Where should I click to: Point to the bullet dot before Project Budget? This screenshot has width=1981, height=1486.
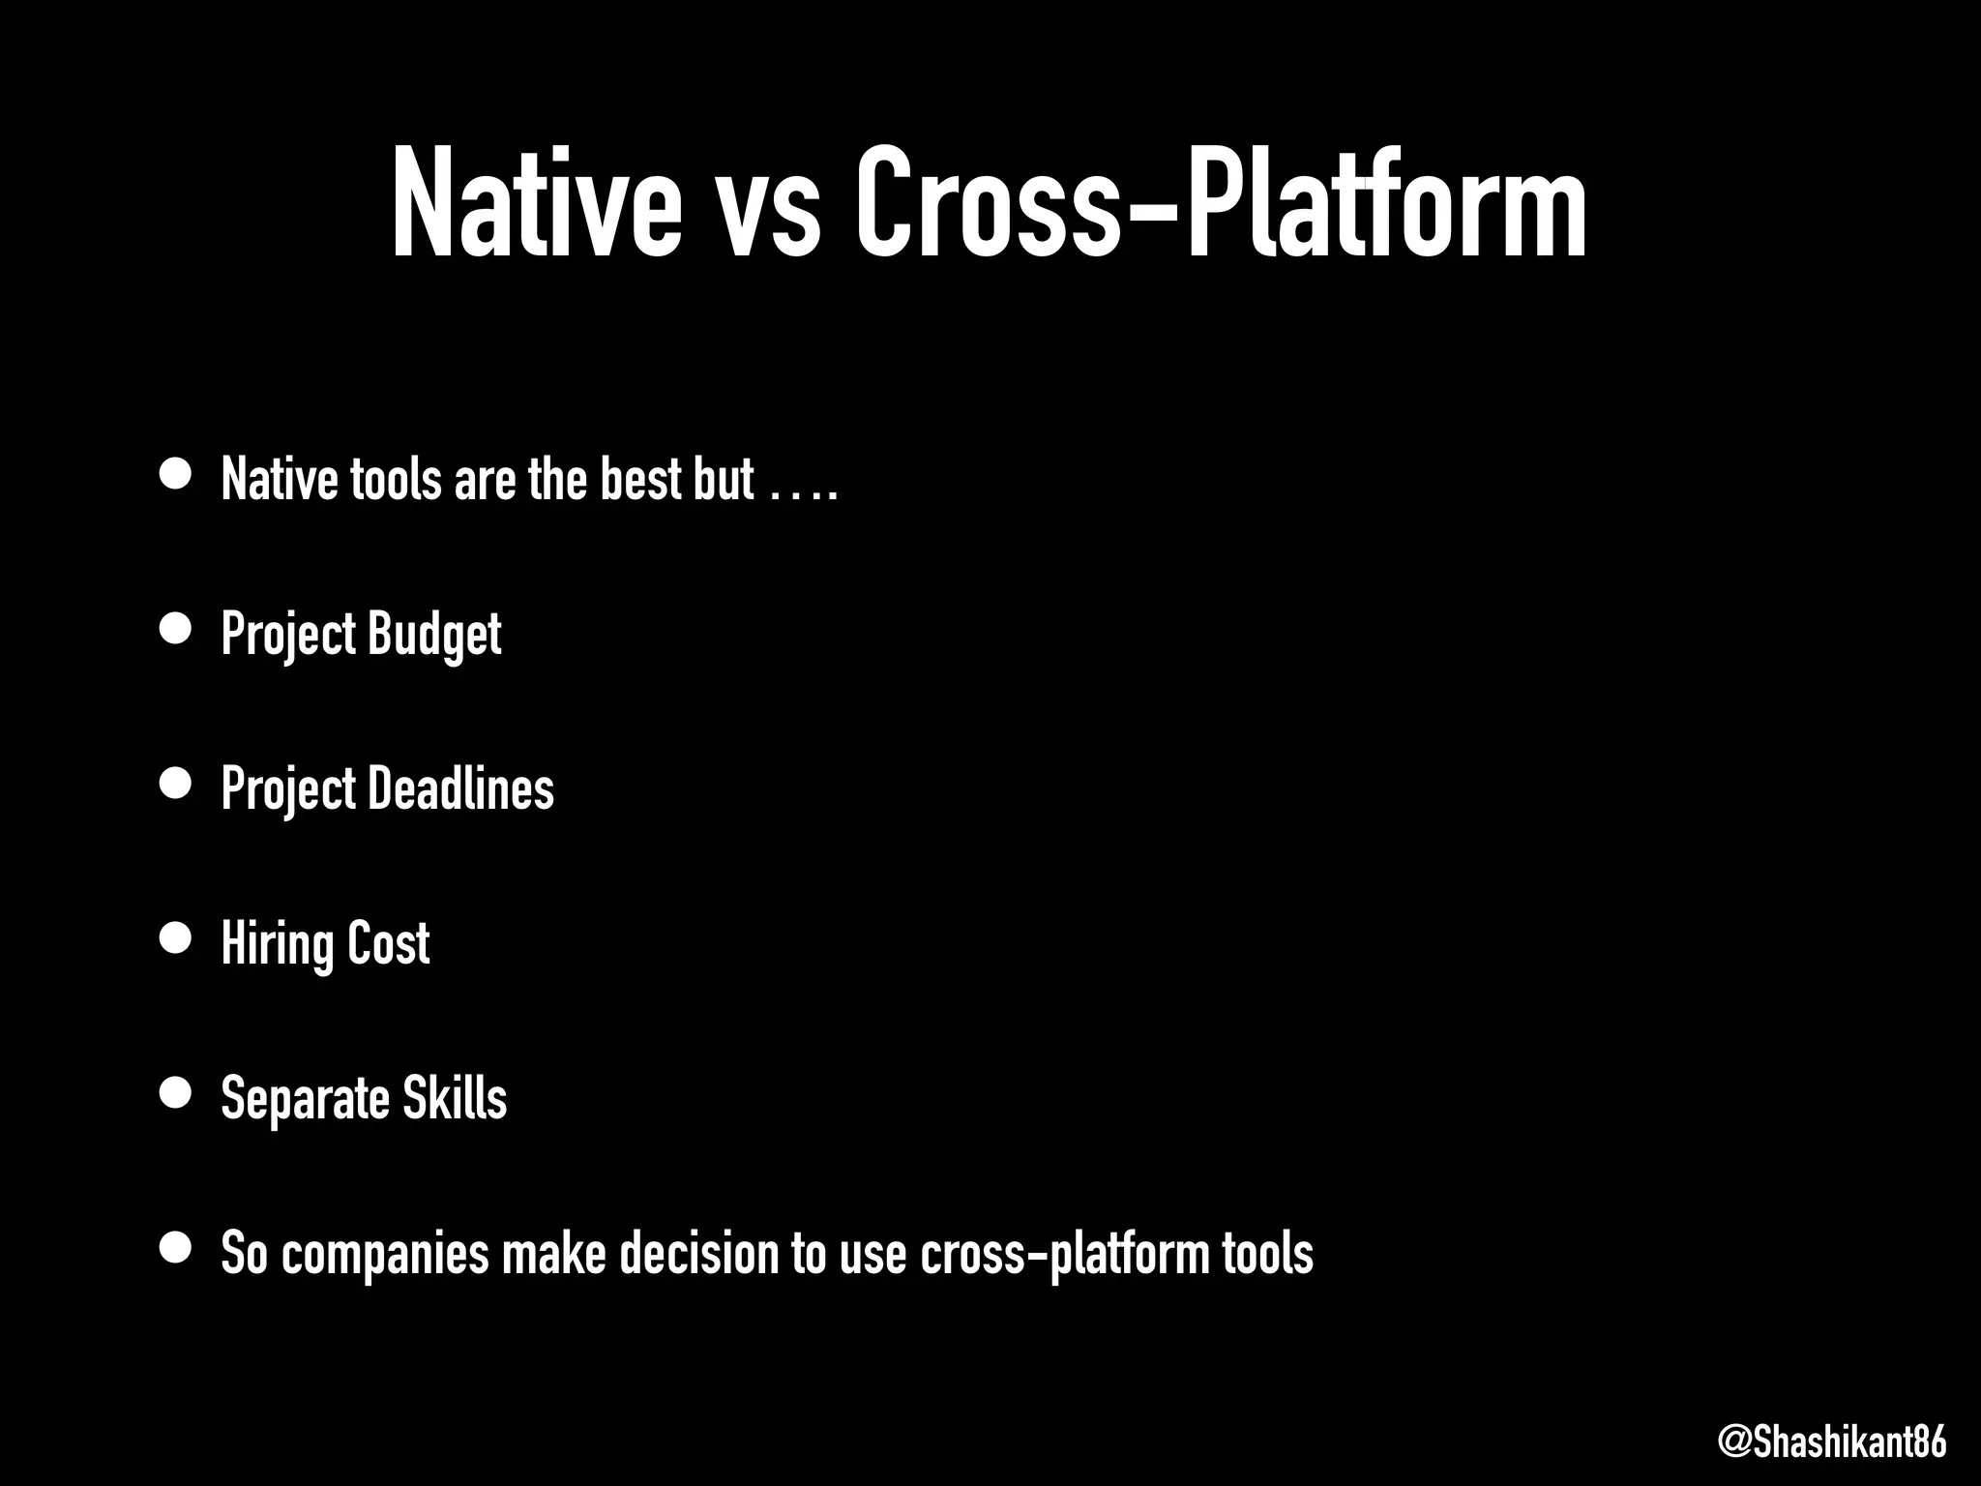tap(175, 629)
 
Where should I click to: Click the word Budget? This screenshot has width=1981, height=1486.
tap(434, 635)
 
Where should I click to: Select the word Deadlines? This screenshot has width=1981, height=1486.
tap(461, 788)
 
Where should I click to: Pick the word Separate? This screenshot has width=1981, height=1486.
tap(305, 1099)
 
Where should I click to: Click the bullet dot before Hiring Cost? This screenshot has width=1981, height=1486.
tap(175, 938)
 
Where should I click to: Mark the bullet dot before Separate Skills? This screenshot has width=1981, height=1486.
tap(175, 1092)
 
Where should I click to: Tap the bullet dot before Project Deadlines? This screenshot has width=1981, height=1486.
tap(175, 784)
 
